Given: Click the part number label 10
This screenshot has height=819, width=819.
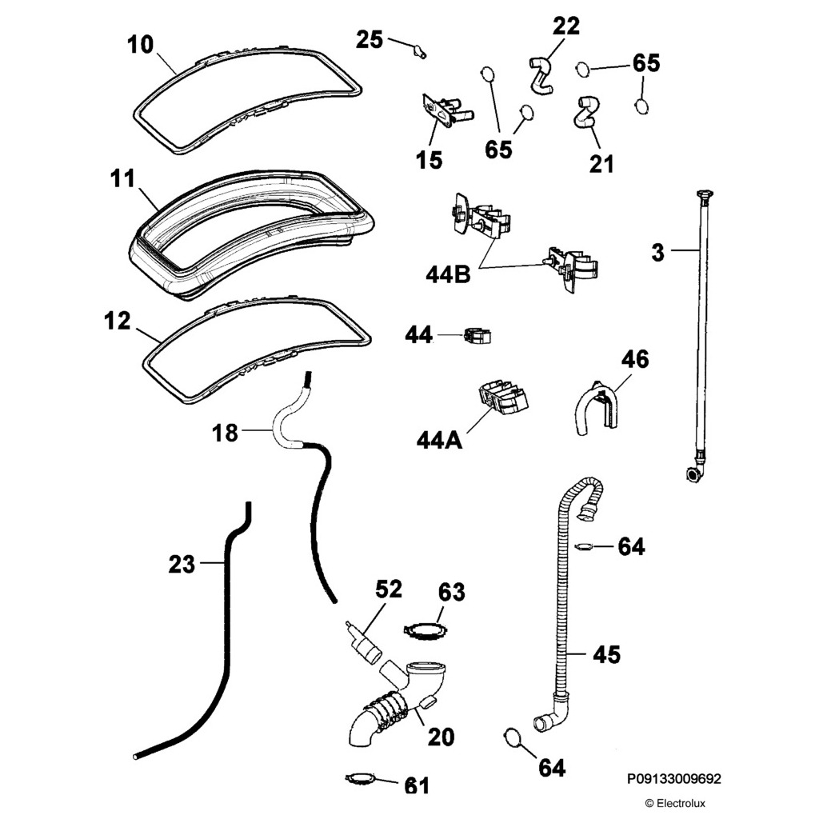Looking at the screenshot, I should (x=140, y=44).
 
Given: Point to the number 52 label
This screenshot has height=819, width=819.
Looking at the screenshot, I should (x=389, y=589).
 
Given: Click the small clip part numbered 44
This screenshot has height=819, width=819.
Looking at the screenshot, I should (x=476, y=336).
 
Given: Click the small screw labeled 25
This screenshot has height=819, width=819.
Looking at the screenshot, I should (x=417, y=53).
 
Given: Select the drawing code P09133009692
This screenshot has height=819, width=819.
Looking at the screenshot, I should (x=674, y=777).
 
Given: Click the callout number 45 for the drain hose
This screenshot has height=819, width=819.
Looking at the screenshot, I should (x=606, y=654).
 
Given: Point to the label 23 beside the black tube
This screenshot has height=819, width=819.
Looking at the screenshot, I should (x=182, y=565).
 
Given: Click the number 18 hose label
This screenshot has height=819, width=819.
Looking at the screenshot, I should (x=226, y=433).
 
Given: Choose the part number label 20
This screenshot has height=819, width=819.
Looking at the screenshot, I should (x=441, y=737).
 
